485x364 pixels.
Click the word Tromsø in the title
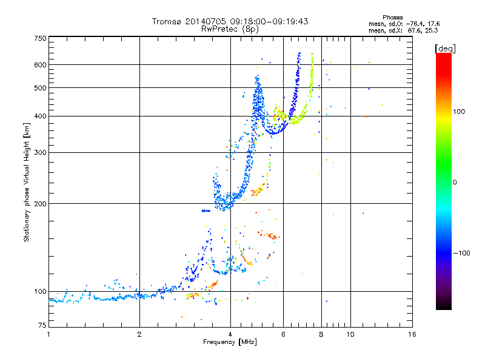pyautogui.click(x=166, y=21)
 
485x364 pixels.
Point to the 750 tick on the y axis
pyautogui.click(x=40, y=38)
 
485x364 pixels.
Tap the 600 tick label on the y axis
pyautogui.click(x=40, y=64)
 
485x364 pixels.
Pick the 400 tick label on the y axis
pyautogui.click(x=40, y=116)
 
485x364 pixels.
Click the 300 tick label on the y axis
pyautogui.click(x=40, y=152)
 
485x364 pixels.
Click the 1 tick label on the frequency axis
pyautogui.click(x=48, y=334)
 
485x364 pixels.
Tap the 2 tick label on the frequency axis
pyautogui.click(x=139, y=334)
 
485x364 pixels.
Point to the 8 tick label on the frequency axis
pyautogui.click(x=321, y=334)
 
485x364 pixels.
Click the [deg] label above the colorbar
pyautogui.click(x=446, y=48)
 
